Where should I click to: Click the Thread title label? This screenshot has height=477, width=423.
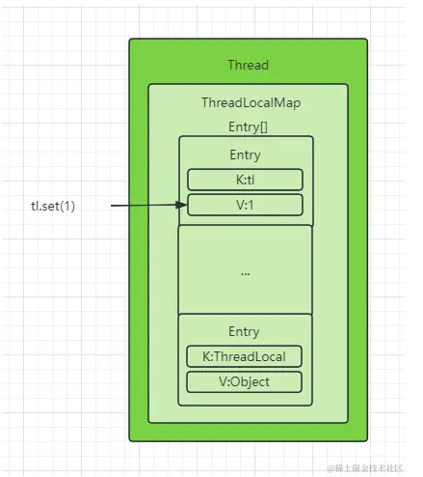[x=248, y=65]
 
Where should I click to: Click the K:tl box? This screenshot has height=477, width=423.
[x=245, y=180]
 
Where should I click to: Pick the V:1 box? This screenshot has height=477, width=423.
[x=245, y=205]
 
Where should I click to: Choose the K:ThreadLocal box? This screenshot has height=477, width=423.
[x=245, y=355]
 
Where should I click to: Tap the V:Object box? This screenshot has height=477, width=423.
[x=245, y=381]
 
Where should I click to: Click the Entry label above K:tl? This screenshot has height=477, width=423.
[x=245, y=154]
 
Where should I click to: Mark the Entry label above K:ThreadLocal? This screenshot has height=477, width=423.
[x=245, y=331]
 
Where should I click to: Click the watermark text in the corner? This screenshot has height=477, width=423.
[x=370, y=466]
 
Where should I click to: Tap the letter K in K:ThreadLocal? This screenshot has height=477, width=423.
[x=207, y=355]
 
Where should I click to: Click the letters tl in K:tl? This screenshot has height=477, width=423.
[x=251, y=180]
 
